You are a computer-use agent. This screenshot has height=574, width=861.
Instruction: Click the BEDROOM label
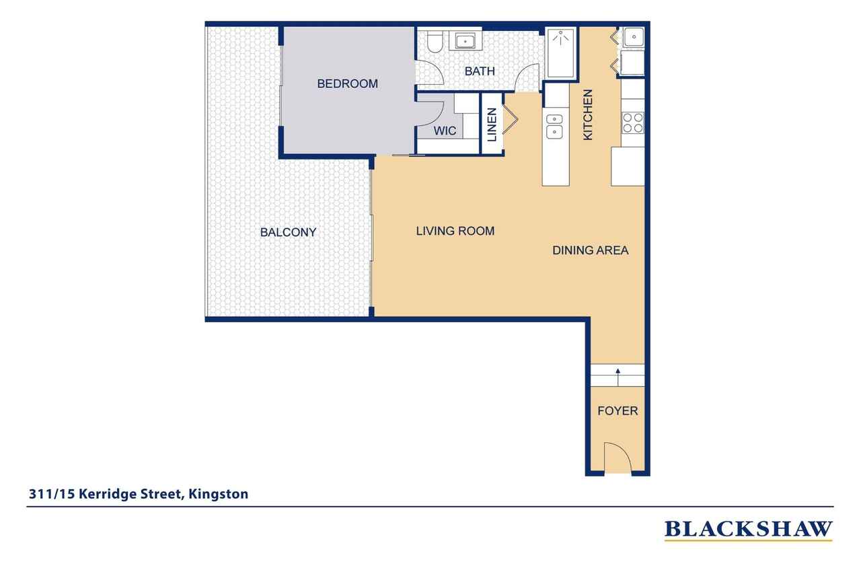pyautogui.click(x=348, y=83)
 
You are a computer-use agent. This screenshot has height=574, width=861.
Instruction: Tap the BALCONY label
pyautogui.click(x=289, y=232)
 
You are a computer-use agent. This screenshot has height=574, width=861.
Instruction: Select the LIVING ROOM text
pyautogui.click(x=455, y=231)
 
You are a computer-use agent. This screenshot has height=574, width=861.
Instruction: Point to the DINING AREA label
pyautogui.click(x=591, y=250)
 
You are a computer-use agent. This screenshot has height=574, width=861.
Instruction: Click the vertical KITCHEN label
pyautogui.click(x=588, y=114)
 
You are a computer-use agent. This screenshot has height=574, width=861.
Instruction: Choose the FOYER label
pyautogui.click(x=617, y=410)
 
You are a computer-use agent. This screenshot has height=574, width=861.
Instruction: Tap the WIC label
pyautogui.click(x=445, y=131)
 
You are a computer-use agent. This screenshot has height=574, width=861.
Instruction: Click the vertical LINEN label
pyautogui.click(x=492, y=124)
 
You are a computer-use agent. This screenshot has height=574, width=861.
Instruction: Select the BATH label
pyautogui.click(x=480, y=71)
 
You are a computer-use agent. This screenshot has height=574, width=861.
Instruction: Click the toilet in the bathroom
pyautogui.click(x=435, y=42)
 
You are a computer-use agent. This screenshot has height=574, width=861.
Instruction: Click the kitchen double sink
pyautogui.click(x=555, y=127)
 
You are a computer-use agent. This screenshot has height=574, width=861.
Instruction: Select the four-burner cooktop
pyautogui.click(x=633, y=122)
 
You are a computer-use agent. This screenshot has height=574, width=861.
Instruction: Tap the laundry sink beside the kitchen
pyautogui.click(x=634, y=37)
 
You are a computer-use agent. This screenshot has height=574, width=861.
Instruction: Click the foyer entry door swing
pyautogui.click(x=617, y=458)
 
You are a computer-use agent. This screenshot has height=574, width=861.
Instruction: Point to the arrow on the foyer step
pyautogui.click(x=617, y=377)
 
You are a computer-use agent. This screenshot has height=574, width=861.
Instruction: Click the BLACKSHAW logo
pyautogui.click(x=749, y=530)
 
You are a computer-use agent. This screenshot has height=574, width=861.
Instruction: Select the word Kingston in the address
pyautogui.click(x=218, y=494)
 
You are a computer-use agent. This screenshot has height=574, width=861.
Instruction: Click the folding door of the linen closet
pyautogui.click(x=511, y=119)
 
